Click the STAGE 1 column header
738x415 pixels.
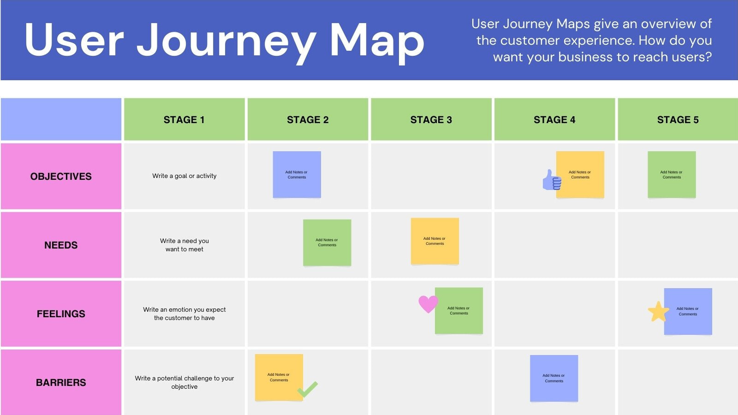184,119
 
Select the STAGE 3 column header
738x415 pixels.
431,119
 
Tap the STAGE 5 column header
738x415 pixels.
678,119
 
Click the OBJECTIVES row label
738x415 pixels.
61,176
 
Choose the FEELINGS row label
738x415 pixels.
61,314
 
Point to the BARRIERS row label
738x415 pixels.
61,382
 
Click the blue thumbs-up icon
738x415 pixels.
551,180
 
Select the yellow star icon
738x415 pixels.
658,312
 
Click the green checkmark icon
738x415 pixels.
308,389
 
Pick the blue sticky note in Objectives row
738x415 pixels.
297,174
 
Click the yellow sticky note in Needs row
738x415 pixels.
434,241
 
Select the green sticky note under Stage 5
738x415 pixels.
672,174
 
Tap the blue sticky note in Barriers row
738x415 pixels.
553,378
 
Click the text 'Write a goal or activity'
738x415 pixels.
184,176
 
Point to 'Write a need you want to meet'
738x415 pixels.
184,245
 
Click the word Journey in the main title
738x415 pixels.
226,41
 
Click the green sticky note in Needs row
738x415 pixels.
327,243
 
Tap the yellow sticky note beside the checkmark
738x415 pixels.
278,377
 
